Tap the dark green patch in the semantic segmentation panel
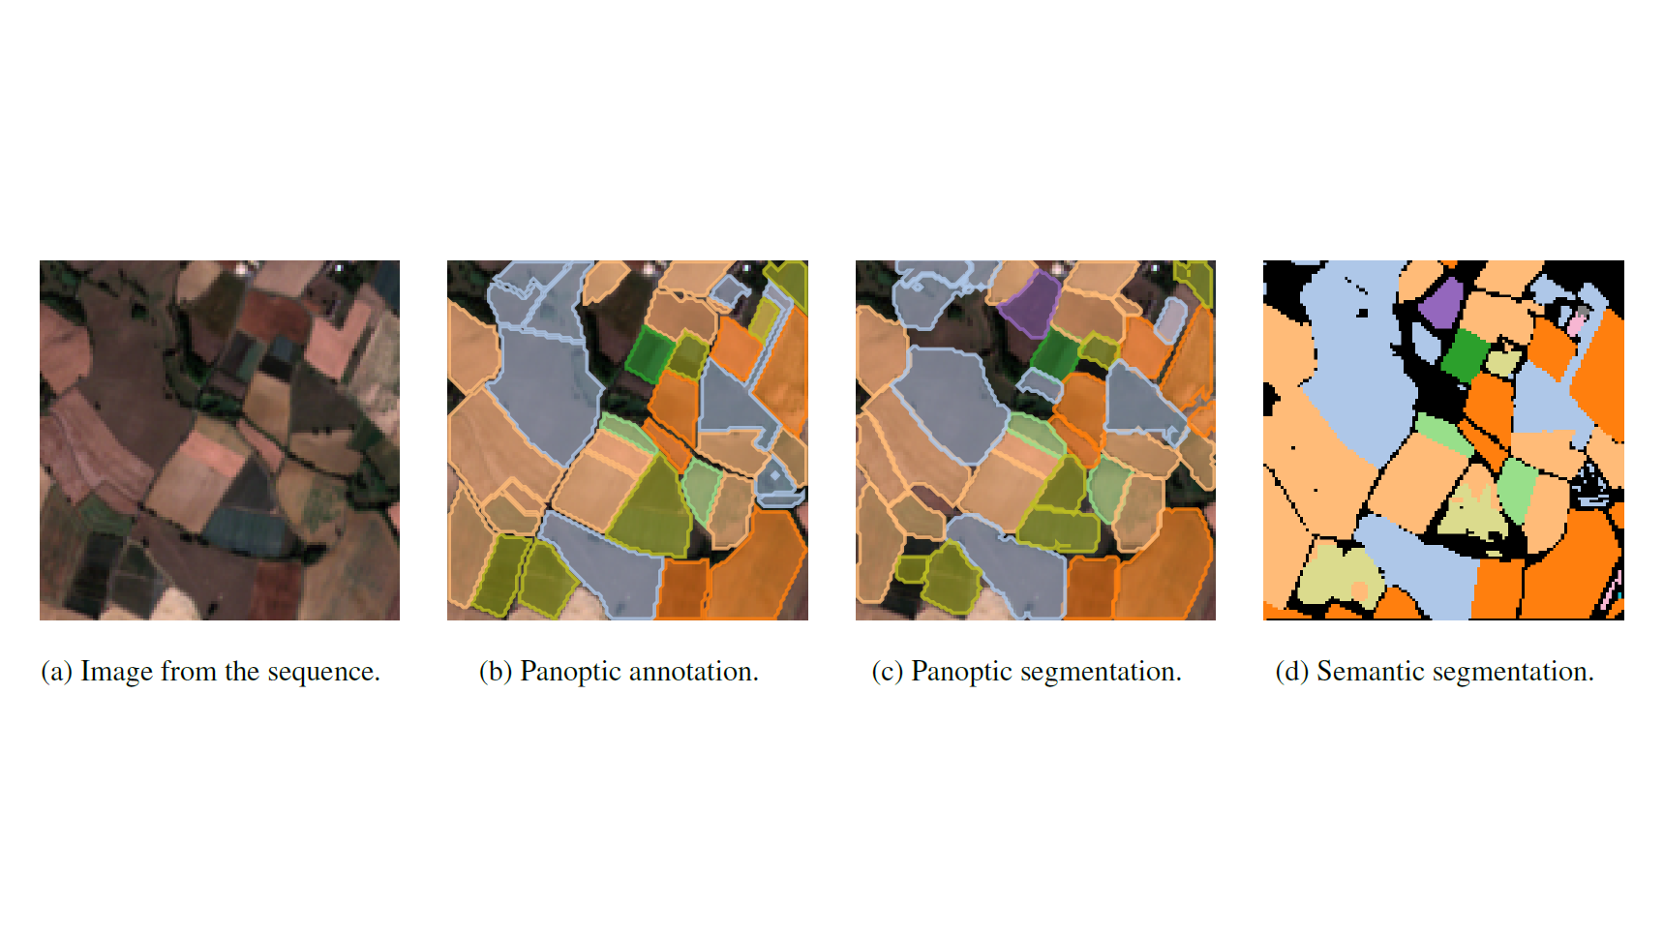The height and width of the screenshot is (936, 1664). [1464, 355]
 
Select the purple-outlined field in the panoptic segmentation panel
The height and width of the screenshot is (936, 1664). [1030, 302]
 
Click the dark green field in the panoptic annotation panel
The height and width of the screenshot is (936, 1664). [649, 353]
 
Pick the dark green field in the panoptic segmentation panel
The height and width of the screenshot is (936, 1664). [1055, 355]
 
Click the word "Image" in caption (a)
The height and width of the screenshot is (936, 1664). [116, 673]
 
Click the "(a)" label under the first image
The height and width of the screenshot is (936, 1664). [56, 673]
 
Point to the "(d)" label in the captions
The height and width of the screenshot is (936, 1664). [1292, 672]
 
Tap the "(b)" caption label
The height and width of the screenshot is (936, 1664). [496, 672]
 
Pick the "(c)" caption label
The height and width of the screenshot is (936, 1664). [888, 673]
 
